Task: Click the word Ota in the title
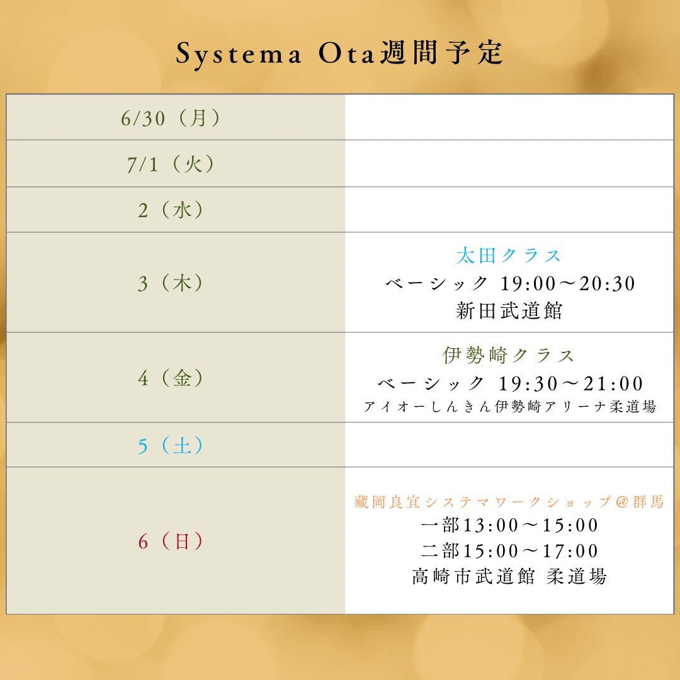tap(346, 54)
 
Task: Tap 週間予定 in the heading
tap(441, 53)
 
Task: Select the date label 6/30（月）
tap(171, 118)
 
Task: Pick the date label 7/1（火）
tap(171, 164)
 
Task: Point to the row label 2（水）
tap(171, 210)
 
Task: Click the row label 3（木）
tap(171, 283)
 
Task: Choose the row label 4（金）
tap(171, 378)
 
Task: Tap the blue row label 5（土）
tap(171, 445)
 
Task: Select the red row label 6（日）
tap(171, 541)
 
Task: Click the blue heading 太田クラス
tap(509, 256)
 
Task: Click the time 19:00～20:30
tap(568, 283)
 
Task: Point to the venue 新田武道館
tap(509, 311)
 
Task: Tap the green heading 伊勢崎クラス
tap(509, 355)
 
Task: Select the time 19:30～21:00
tap(570, 383)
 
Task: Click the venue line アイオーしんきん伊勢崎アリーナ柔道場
tap(509, 407)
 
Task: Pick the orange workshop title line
tap(509, 502)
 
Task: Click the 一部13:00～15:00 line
tap(509, 525)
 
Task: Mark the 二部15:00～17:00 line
tap(509, 551)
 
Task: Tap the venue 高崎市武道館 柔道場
tap(509, 577)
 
